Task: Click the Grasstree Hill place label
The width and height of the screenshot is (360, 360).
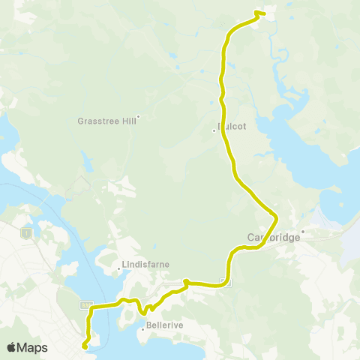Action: click(x=106, y=120)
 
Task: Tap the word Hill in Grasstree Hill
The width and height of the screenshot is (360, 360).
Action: click(x=124, y=120)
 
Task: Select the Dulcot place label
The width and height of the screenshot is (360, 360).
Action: click(x=232, y=127)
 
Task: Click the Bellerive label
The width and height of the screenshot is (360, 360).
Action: click(x=163, y=328)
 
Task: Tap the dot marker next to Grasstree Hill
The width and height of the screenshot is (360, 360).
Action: click(x=138, y=115)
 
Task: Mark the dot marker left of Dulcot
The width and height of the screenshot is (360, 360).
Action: click(x=214, y=131)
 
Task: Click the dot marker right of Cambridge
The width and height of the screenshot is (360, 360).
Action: click(x=303, y=231)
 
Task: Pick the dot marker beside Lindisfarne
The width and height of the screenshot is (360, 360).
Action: click(x=119, y=268)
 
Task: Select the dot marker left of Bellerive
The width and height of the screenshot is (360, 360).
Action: click(x=142, y=328)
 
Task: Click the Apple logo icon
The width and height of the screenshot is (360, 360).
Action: click(x=12, y=347)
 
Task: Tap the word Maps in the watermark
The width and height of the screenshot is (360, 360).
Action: click(x=33, y=347)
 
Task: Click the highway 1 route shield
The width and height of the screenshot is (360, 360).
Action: click(x=28, y=233)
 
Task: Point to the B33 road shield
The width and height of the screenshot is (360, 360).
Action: click(x=88, y=305)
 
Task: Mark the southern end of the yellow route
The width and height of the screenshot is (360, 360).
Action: click(x=85, y=346)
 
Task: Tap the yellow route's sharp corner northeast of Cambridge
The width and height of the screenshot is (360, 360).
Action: click(x=277, y=217)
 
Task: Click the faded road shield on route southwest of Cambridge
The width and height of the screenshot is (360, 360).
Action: click(x=226, y=282)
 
